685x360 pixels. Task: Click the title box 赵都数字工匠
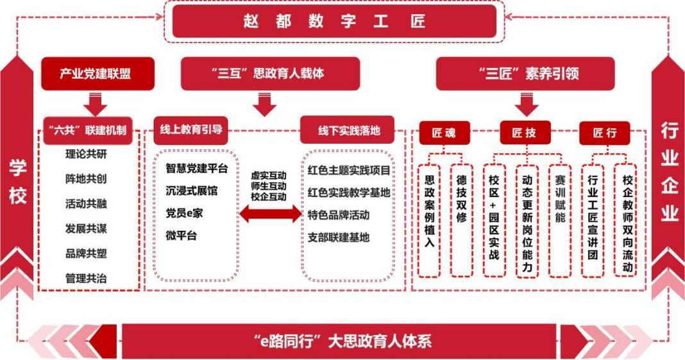pos(334,21)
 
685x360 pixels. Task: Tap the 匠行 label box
pos(604,133)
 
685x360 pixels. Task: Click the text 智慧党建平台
pos(196,169)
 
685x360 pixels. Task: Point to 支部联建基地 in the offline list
pos(339,237)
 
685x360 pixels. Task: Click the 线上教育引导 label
pos(190,130)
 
